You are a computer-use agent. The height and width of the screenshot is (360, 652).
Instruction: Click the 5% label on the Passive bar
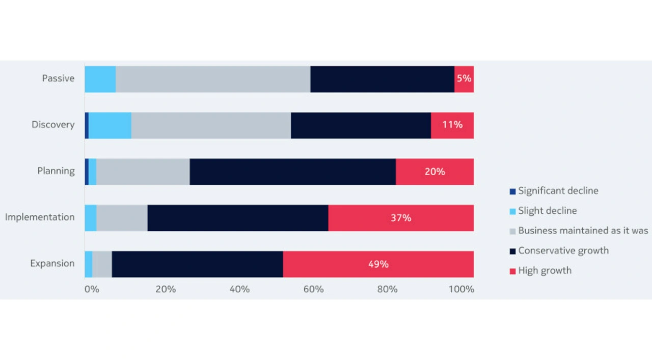[x=464, y=79]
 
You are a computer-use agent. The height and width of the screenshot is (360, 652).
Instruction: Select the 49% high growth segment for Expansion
[x=378, y=264]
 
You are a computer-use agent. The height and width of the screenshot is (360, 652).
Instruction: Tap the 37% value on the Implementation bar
[x=401, y=218]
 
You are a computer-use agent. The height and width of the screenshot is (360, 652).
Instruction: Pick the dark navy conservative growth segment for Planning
[x=292, y=172]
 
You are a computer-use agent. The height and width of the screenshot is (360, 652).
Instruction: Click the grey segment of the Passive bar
[x=213, y=79]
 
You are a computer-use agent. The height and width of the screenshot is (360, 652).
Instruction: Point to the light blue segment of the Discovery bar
[x=110, y=125]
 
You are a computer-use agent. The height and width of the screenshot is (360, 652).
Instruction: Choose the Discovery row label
[x=53, y=125]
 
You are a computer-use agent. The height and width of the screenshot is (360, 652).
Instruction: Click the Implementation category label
[x=40, y=217]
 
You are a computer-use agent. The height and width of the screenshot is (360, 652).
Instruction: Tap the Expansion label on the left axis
[x=52, y=264]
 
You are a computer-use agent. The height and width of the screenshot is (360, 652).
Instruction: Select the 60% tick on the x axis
[x=313, y=290]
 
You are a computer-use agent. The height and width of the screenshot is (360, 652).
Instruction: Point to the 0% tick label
[x=92, y=290]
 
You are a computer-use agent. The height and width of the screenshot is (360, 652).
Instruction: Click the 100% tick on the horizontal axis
[x=461, y=290]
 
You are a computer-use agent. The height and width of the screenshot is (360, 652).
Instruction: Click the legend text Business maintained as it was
[x=583, y=231]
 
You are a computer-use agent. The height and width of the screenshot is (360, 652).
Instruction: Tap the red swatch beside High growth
[x=512, y=271]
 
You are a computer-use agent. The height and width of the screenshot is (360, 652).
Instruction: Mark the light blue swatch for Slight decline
[x=512, y=211]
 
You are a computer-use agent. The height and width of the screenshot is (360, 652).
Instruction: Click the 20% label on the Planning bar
[x=434, y=172]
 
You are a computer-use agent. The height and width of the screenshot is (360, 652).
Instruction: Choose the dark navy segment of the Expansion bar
[x=197, y=264]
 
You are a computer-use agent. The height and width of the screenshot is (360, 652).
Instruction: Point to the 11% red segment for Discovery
[x=452, y=125]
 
